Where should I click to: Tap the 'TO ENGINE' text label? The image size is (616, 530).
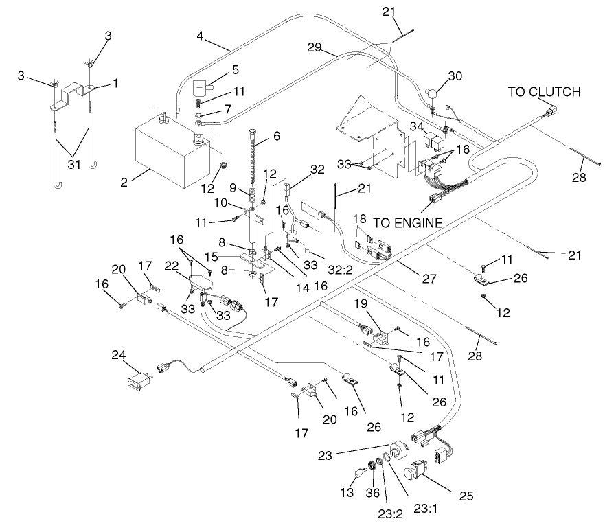[409, 222]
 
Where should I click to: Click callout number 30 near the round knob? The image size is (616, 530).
[456, 76]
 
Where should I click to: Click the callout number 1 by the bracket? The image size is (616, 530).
[115, 82]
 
